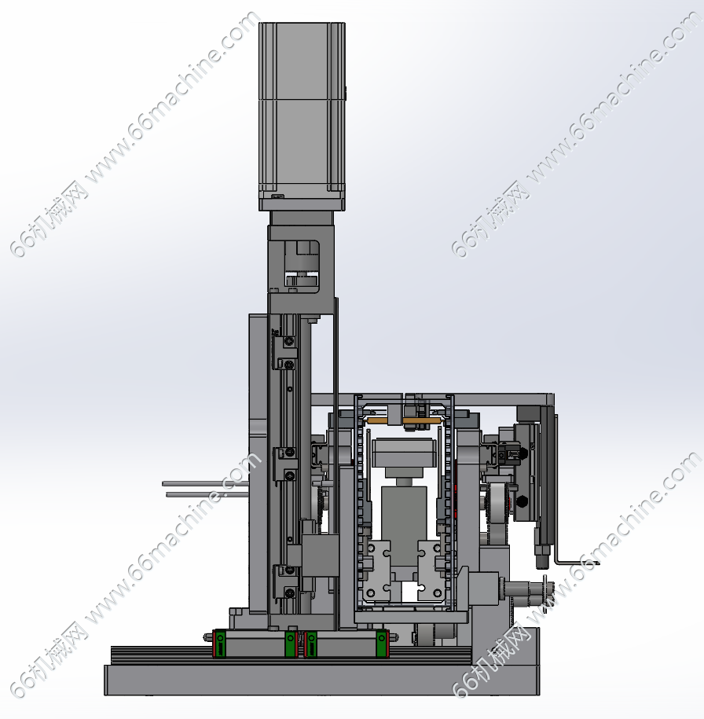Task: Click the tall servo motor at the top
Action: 302,116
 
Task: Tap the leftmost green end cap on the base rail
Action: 220,644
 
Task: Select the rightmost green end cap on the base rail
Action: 383,644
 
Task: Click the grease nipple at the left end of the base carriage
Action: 207,637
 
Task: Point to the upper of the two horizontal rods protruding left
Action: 206,483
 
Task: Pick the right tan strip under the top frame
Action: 421,420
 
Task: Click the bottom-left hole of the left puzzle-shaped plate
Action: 371,594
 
